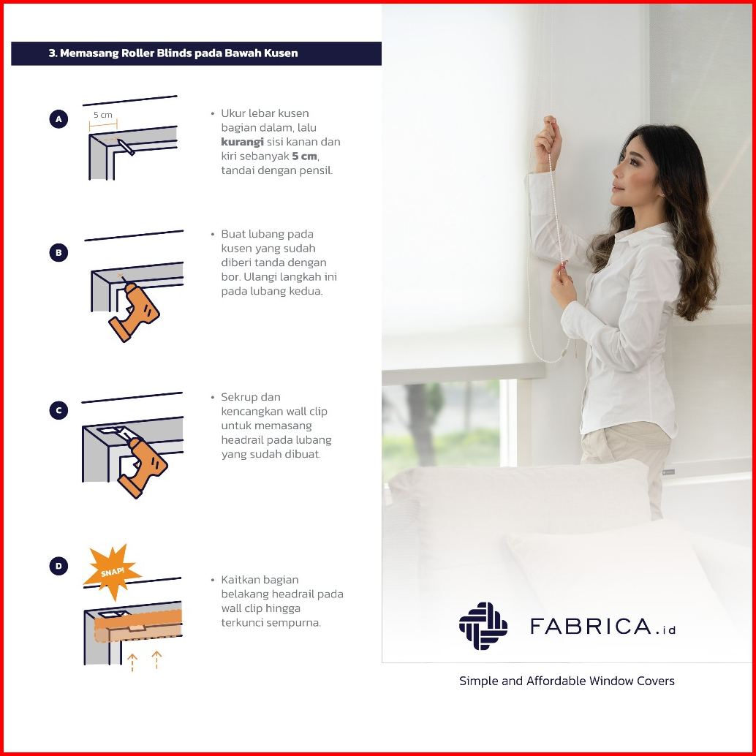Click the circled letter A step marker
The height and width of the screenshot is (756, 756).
[58, 119]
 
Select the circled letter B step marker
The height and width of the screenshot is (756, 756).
[58, 253]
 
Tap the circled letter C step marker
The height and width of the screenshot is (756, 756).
[58, 410]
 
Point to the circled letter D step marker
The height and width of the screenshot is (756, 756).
[58, 566]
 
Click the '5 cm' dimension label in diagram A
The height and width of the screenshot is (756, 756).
[102, 115]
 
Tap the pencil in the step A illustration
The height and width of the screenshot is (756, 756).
[126, 148]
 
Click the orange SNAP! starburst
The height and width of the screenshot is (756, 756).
[113, 572]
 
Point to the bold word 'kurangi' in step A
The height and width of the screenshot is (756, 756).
[242, 142]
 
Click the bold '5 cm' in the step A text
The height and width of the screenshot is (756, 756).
[305, 156]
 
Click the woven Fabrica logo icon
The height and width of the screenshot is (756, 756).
[483, 626]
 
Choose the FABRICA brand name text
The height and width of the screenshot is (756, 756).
[602, 627]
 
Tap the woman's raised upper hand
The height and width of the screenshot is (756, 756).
[548, 142]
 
